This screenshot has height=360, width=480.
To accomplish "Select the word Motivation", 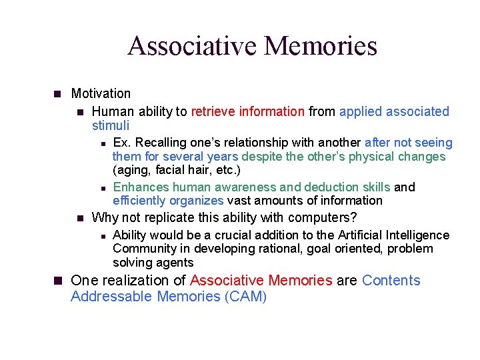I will tap(101, 94).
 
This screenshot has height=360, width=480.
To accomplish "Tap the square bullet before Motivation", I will tap(57, 94).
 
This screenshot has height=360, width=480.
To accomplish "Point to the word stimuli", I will tap(110, 125).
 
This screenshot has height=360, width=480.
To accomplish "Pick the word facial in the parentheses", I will tap(168, 170).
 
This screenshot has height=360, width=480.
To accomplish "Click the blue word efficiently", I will tap(139, 201).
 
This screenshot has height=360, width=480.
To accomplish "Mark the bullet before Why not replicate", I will tap(79, 218).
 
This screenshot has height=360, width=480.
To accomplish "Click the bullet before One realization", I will tap(57, 281).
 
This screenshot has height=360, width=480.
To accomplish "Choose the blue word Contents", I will tap(391, 280).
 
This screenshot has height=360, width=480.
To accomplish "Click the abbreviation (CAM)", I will tap(245, 297).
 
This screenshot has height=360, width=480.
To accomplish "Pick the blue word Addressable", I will tap(111, 297).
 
